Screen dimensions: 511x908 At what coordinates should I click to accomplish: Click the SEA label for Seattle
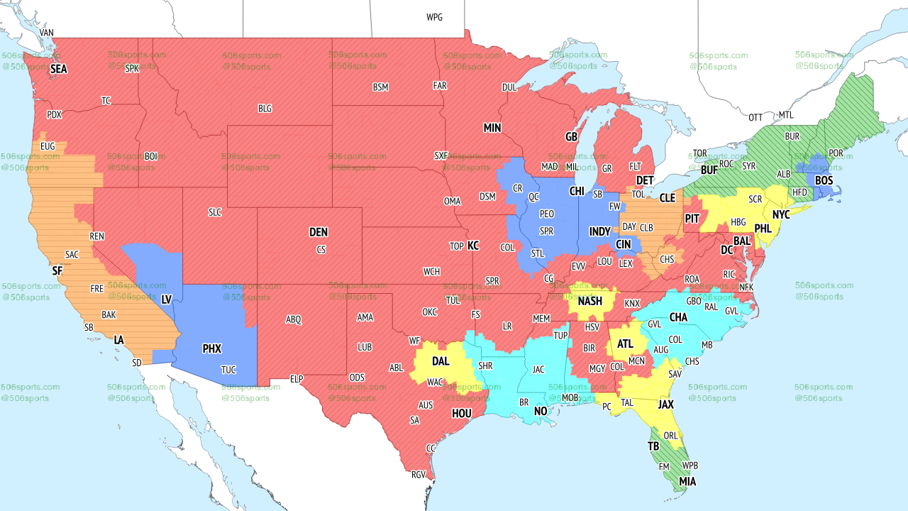58,70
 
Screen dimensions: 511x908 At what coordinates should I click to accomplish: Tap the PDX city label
54,114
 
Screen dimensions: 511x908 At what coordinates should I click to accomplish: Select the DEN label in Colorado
319,232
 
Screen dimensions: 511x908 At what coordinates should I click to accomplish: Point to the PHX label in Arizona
211,348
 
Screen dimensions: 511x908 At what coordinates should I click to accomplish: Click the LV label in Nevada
167,300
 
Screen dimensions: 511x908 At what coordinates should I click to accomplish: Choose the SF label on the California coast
57,270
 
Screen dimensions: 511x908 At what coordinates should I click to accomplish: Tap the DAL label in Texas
441,361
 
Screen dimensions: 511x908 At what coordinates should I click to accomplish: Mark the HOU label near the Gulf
461,413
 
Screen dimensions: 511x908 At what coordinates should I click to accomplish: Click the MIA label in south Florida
687,482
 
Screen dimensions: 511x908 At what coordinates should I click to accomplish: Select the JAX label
665,404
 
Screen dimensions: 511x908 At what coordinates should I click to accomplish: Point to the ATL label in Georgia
625,344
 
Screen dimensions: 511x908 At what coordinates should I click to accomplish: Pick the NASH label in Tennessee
589,301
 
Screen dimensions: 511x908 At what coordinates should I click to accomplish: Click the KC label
473,246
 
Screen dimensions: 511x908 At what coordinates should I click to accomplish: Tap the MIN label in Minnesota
492,128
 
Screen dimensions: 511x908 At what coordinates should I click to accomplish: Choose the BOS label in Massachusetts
824,181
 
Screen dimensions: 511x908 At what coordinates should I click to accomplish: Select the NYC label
781,214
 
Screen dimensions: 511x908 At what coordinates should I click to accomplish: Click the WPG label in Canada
434,17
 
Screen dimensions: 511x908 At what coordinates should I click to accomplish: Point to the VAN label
47,33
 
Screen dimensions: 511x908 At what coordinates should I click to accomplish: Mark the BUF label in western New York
709,170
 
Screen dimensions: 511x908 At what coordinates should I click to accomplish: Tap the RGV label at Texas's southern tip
419,475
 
